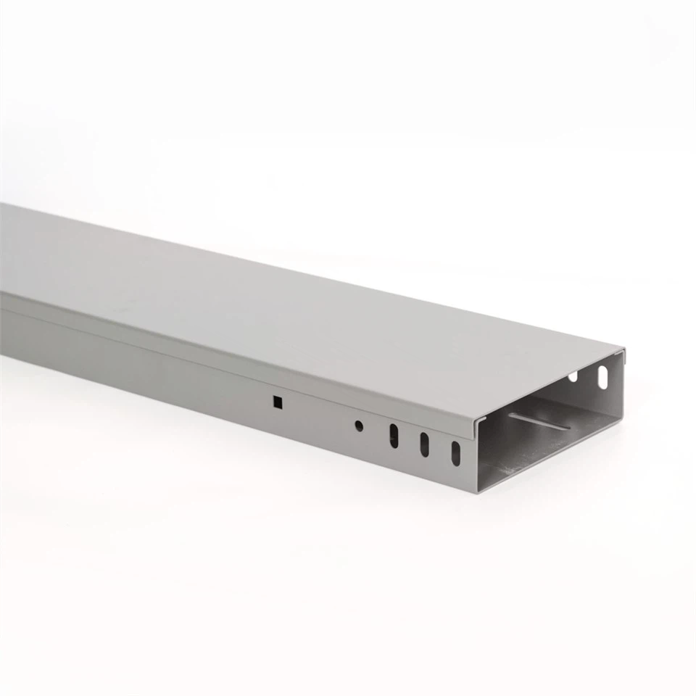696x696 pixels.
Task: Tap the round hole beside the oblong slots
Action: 358,426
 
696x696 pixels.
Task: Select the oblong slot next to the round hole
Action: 394,435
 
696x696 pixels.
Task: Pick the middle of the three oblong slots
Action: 425,444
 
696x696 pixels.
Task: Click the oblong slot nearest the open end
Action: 455,453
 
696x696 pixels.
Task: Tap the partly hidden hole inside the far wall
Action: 573,377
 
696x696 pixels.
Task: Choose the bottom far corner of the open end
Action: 622,416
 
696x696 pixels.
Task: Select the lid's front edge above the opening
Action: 551,385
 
